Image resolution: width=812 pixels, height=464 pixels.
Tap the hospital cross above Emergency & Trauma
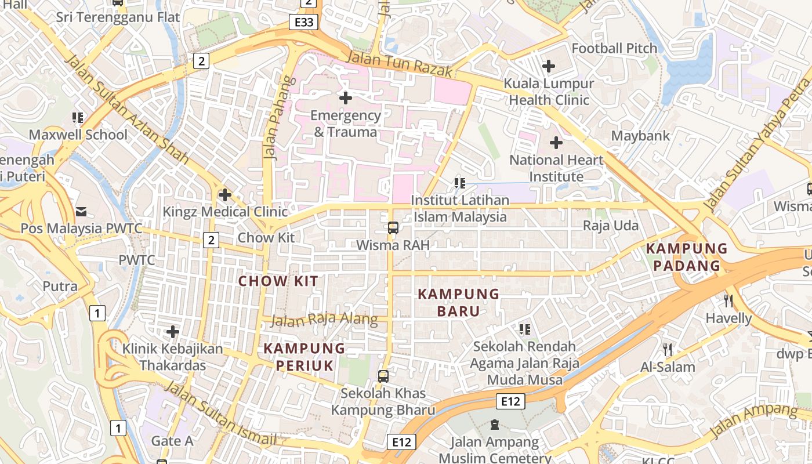point(345,97)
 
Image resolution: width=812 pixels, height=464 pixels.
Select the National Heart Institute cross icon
point(556,142)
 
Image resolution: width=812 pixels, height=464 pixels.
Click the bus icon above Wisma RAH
point(393,227)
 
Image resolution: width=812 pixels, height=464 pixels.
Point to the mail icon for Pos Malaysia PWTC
point(81,211)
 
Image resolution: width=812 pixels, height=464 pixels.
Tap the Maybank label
point(640,136)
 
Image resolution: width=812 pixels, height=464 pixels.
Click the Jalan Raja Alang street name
point(324,320)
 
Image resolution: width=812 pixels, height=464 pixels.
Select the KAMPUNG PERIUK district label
point(304,357)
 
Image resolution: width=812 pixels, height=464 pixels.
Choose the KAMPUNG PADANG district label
point(687,257)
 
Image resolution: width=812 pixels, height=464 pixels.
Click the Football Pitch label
point(614,48)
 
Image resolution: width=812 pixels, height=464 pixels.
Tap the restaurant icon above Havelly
point(728,300)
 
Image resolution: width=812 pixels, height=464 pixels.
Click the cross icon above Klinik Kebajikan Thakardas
point(172,332)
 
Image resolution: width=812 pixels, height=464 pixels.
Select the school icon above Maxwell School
point(78,118)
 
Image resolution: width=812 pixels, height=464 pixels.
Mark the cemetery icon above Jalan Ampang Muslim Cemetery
point(495,425)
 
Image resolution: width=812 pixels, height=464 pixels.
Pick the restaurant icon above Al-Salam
point(668,349)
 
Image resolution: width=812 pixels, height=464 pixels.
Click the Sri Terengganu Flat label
point(118,17)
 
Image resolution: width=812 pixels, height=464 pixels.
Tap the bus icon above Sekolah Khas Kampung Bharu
point(383,376)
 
